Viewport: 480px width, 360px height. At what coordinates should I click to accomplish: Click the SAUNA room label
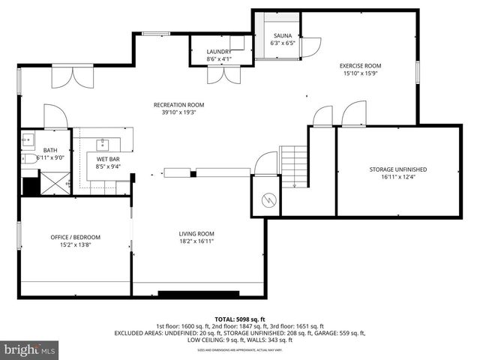pos(282,36)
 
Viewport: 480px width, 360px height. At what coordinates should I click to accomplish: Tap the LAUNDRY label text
pos(219,52)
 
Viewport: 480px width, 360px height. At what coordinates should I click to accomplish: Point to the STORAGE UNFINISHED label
pos(397,169)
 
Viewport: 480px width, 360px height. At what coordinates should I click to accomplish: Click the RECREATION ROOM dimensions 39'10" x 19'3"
pos(178,112)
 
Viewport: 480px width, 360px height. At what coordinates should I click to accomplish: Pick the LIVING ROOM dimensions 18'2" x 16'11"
pos(196,241)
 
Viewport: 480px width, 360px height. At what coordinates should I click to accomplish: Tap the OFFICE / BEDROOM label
pos(75,237)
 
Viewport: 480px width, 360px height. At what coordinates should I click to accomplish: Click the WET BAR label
pos(108,159)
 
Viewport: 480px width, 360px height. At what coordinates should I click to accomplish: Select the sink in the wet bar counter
pos(103,145)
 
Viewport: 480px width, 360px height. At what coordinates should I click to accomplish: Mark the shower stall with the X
pos(53,183)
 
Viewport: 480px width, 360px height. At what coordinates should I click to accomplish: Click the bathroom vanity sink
pos(28,139)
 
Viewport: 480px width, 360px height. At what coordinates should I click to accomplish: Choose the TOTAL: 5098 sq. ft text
pos(239,318)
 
